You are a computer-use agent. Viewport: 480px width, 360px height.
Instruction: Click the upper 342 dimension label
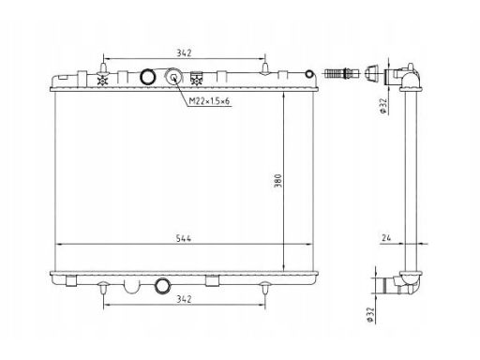point(184,52)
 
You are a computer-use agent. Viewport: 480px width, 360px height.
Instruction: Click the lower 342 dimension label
point(184,299)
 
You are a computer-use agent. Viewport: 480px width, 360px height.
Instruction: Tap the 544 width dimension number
point(184,238)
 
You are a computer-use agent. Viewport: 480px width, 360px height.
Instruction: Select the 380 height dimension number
point(277,181)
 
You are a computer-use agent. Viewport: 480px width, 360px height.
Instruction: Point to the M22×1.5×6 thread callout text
point(209,101)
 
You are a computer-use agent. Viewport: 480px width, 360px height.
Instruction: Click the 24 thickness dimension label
point(386,238)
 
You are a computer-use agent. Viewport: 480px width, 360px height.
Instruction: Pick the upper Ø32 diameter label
point(383,106)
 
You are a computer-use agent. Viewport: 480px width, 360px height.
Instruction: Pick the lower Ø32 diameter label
point(370,315)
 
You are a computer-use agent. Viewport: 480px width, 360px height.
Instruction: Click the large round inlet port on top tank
point(147,76)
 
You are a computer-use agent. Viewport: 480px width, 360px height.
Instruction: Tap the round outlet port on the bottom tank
point(163,286)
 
